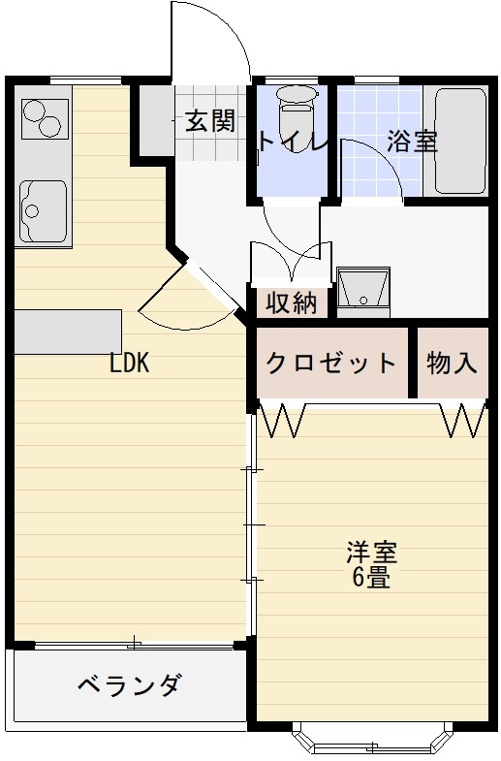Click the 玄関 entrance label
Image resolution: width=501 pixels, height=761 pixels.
[x=209, y=121]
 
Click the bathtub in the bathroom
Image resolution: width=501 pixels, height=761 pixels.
[x=458, y=142]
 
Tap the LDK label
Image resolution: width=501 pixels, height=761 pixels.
[x=128, y=364]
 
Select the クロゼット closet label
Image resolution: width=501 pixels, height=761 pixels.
[x=331, y=364]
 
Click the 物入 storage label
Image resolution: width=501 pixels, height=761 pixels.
[x=452, y=364]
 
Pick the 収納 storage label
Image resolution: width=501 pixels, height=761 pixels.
[x=292, y=303]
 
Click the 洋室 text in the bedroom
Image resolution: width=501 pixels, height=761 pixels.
[x=372, y=555]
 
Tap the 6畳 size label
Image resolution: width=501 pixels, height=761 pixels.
[x=372, y=580]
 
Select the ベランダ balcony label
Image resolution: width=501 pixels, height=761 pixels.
[x=129, y=686]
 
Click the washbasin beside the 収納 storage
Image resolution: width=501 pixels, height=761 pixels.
[x=363, y=290]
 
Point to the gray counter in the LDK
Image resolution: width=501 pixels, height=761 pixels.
[x=68, y=332]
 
